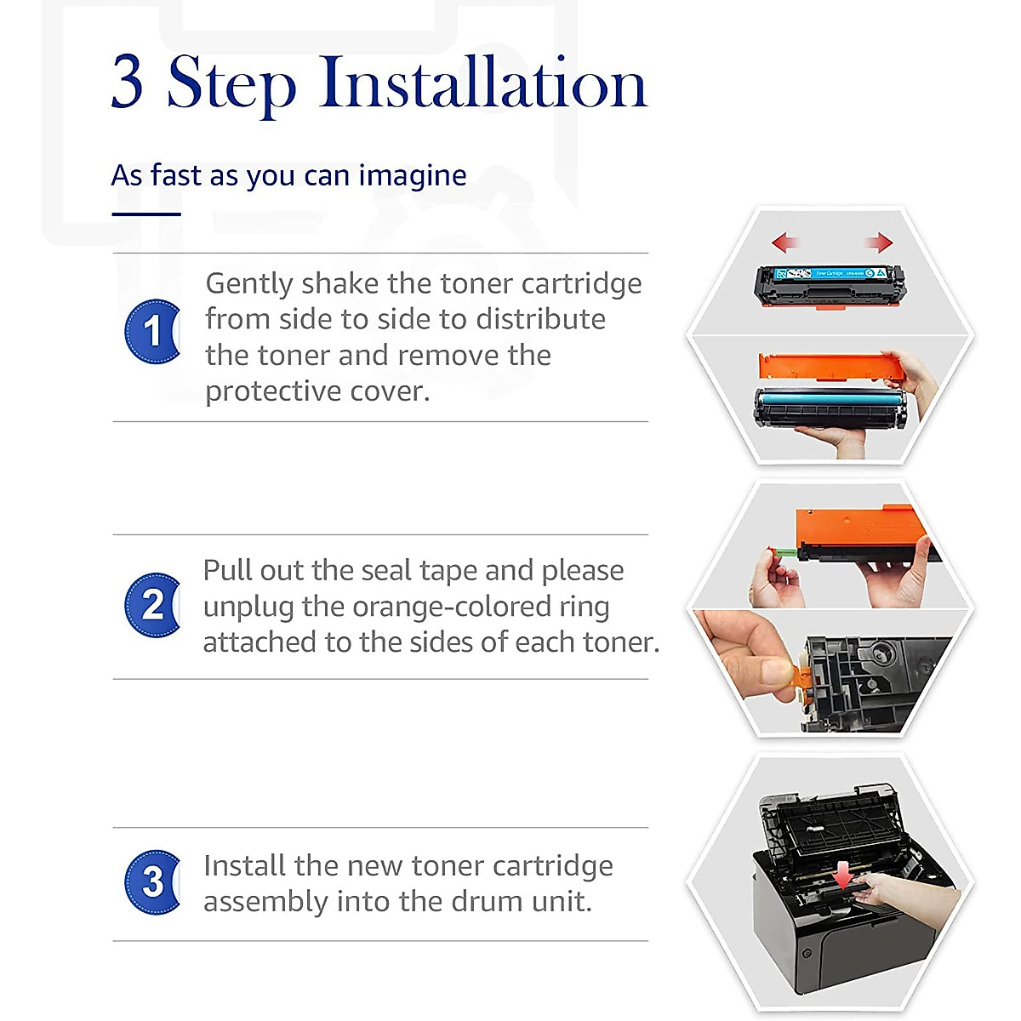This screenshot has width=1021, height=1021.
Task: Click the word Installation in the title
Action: click(482, 83)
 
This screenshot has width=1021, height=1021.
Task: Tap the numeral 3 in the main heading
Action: click(127, 83)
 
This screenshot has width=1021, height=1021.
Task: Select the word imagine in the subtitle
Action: click(412, 175)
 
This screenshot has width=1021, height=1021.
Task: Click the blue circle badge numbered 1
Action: click(152, 331)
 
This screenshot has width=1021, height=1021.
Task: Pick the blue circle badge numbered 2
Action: click(152, 605)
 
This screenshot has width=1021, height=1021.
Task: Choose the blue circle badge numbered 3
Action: click(152, 882)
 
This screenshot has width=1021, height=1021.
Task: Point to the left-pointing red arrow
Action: click(784, 242)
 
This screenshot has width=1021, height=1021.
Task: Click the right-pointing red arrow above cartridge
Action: click(880, 242)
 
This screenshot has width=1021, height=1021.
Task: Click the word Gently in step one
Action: click(249, 284)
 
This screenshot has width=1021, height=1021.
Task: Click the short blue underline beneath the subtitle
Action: click(146, 214)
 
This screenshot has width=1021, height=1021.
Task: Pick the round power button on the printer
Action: click(807, 953)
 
